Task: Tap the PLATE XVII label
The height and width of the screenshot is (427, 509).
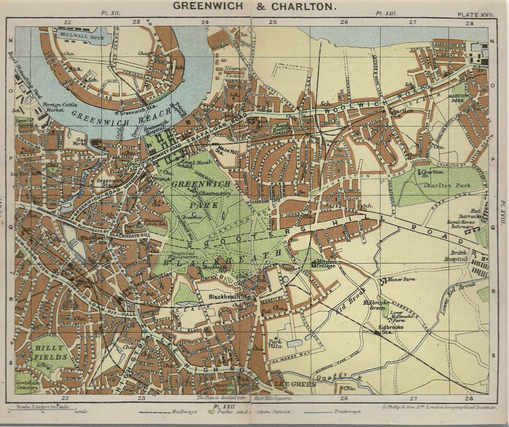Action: [x=476, y=15]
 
